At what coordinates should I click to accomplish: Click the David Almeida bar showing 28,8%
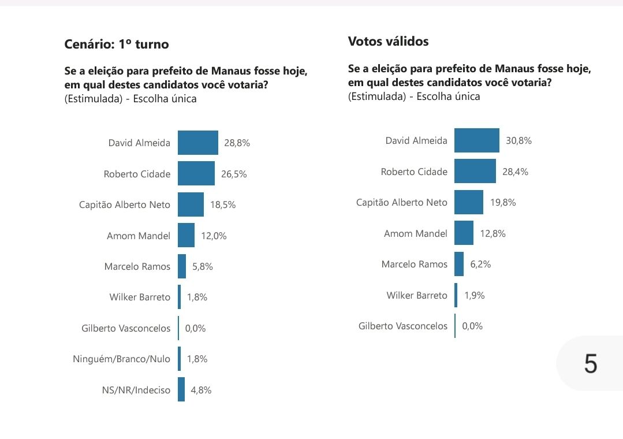197,143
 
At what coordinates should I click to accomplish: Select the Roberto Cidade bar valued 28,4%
475,172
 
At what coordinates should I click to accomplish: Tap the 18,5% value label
223,204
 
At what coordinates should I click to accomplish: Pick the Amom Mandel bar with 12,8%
464,233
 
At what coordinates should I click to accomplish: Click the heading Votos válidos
388,42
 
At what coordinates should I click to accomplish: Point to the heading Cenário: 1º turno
117,44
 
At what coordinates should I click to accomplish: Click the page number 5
590,364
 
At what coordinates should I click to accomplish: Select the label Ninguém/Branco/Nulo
122,359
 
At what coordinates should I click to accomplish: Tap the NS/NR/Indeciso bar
181,389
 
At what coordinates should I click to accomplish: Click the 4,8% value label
202,390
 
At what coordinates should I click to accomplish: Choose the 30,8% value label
519,140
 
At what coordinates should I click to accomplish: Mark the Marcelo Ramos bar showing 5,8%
182,266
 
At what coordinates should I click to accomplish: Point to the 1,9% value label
475,295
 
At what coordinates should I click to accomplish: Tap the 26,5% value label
234,174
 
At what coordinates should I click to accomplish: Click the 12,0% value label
214,236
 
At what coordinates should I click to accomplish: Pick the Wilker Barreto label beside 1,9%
417,295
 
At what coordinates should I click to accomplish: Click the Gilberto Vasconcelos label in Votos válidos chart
403,326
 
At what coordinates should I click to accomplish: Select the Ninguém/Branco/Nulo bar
180,359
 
